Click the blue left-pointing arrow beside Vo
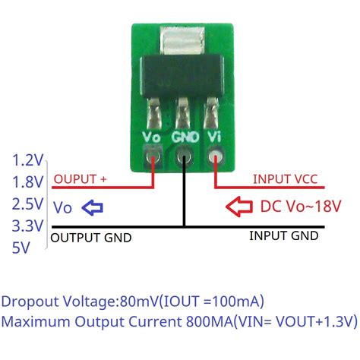(92, 207)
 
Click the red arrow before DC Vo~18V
(241, 207)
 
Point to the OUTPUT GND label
(90, 238)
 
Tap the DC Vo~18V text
(301, 207)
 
